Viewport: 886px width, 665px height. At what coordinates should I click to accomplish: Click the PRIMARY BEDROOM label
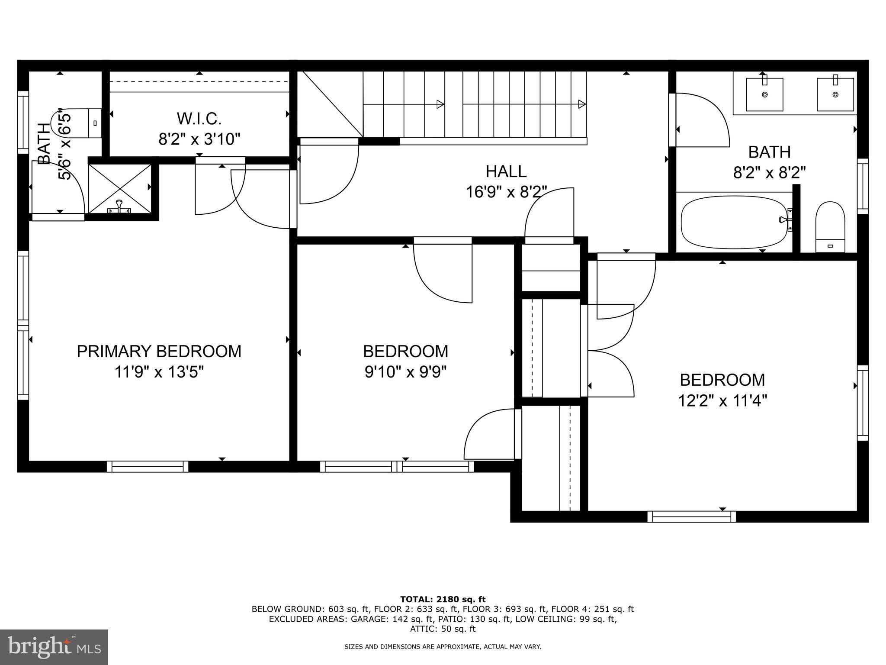click(x=159, y=351)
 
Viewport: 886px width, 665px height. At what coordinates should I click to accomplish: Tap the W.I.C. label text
click(x=199, y=118)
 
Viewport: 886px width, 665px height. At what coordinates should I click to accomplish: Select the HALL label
click(x=506, y=171)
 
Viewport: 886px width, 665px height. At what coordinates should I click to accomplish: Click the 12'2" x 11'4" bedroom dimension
click(x=722, y=400)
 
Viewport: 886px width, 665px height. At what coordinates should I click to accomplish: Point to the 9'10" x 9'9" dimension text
click(x=405, y=371)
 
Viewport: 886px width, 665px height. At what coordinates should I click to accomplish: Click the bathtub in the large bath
click(x=734, y=222)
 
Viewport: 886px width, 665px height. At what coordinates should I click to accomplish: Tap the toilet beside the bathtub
click(x=830, y=226)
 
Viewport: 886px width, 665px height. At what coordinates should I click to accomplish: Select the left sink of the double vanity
click(x=764, y=94)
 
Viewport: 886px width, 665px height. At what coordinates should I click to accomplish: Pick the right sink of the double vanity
click(x=835, y=94)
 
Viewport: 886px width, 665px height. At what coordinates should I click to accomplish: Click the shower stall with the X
click(x=120, y=189)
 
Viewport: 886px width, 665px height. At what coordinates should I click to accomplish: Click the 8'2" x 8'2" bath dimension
click(x=769, y=173)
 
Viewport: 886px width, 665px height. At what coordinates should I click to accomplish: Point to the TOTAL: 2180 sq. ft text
click(x=443, y=599)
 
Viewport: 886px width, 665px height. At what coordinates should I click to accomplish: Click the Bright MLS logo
click(x=54, y=647)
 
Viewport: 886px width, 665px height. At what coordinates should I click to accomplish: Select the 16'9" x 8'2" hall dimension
click(x=506, y=192)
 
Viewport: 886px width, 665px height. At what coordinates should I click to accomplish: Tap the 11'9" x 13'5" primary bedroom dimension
click(x=159, y=371)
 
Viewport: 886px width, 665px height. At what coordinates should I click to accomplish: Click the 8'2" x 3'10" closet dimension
click(x=199, y=139)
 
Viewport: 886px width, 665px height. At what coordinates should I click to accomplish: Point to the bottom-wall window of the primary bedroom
click(x=148, y=466)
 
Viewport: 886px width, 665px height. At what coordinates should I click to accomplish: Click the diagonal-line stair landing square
click(x=330, y=104)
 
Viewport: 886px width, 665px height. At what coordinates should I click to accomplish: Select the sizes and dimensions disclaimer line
click(x=443, y=647)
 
